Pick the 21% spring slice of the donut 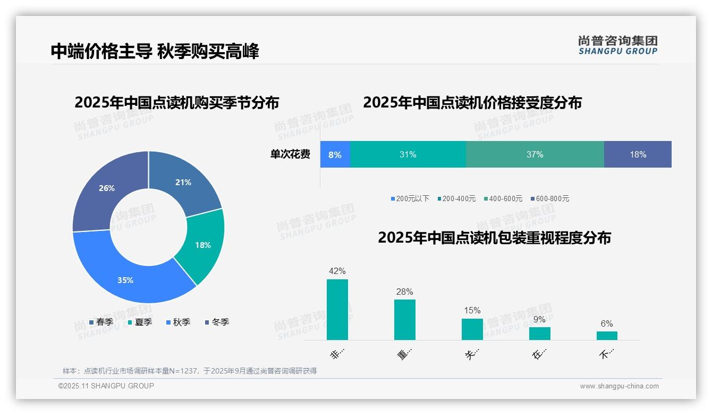[x=183, y=182]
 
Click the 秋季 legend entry [x=179, y=322]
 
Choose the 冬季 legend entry [x=217, y=322]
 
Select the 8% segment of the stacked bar [x=335, y=154]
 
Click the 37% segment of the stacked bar [x=535, y=154]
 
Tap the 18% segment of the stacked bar [x=638, y=154]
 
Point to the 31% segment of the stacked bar [x=408, y=154]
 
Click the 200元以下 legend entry [x=410, y=198]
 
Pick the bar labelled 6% [x=607, y=335]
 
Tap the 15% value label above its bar [x=472, y=311]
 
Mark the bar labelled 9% [x=539, y=333]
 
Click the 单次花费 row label [x=290, y=154]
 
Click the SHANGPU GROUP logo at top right [x=617, y=45]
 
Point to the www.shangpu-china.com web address [x=619, y=386]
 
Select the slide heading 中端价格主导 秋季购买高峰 [x=155, y=52]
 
